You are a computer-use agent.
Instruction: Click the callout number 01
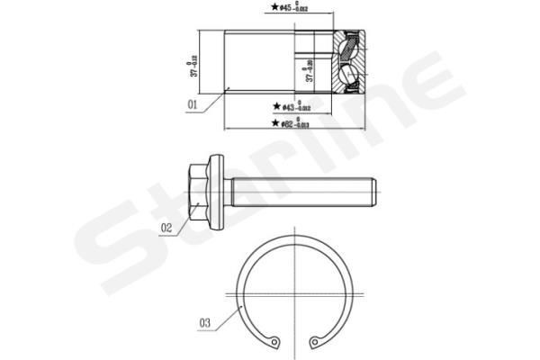192,104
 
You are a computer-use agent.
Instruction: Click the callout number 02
166,228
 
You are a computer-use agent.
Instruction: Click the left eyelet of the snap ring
275,341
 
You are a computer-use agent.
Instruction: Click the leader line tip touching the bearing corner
228,87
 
